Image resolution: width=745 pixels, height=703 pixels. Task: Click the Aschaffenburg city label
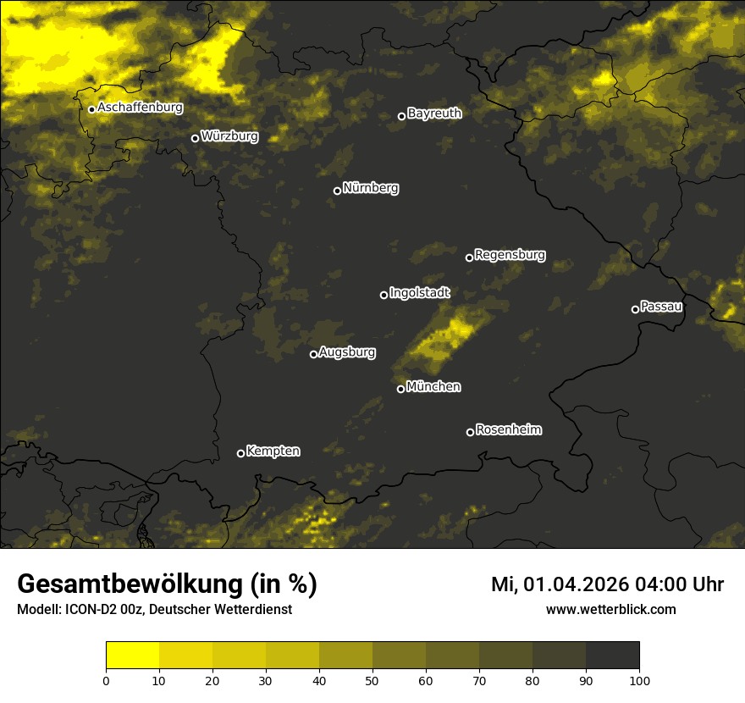[140, 108]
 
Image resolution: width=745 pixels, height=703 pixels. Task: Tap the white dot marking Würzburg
[195, 138]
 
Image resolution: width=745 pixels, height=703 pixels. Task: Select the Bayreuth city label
[434, 113]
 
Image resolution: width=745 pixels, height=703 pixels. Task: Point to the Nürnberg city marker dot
[337, 191]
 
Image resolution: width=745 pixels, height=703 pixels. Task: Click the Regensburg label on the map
[510, 254]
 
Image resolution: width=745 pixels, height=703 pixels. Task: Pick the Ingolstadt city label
[420, 293]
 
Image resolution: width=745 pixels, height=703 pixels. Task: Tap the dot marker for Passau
[635, 309]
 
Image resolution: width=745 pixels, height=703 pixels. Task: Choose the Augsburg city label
[347, 352]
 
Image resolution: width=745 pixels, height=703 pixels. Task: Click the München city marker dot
[400, 390]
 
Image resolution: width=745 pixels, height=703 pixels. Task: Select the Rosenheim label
[508, 429]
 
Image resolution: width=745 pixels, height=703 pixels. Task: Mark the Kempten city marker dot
[240, 453]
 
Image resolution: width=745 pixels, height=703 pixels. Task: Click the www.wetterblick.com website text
[610, 609]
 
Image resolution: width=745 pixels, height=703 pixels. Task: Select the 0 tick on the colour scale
[106, 680]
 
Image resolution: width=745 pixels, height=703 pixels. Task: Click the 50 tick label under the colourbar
[372, 680]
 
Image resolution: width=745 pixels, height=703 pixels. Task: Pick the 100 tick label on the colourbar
[639, 680]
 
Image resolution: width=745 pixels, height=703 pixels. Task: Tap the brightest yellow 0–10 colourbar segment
[132, 656]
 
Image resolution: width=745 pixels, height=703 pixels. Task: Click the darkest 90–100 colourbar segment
[612, 656]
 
